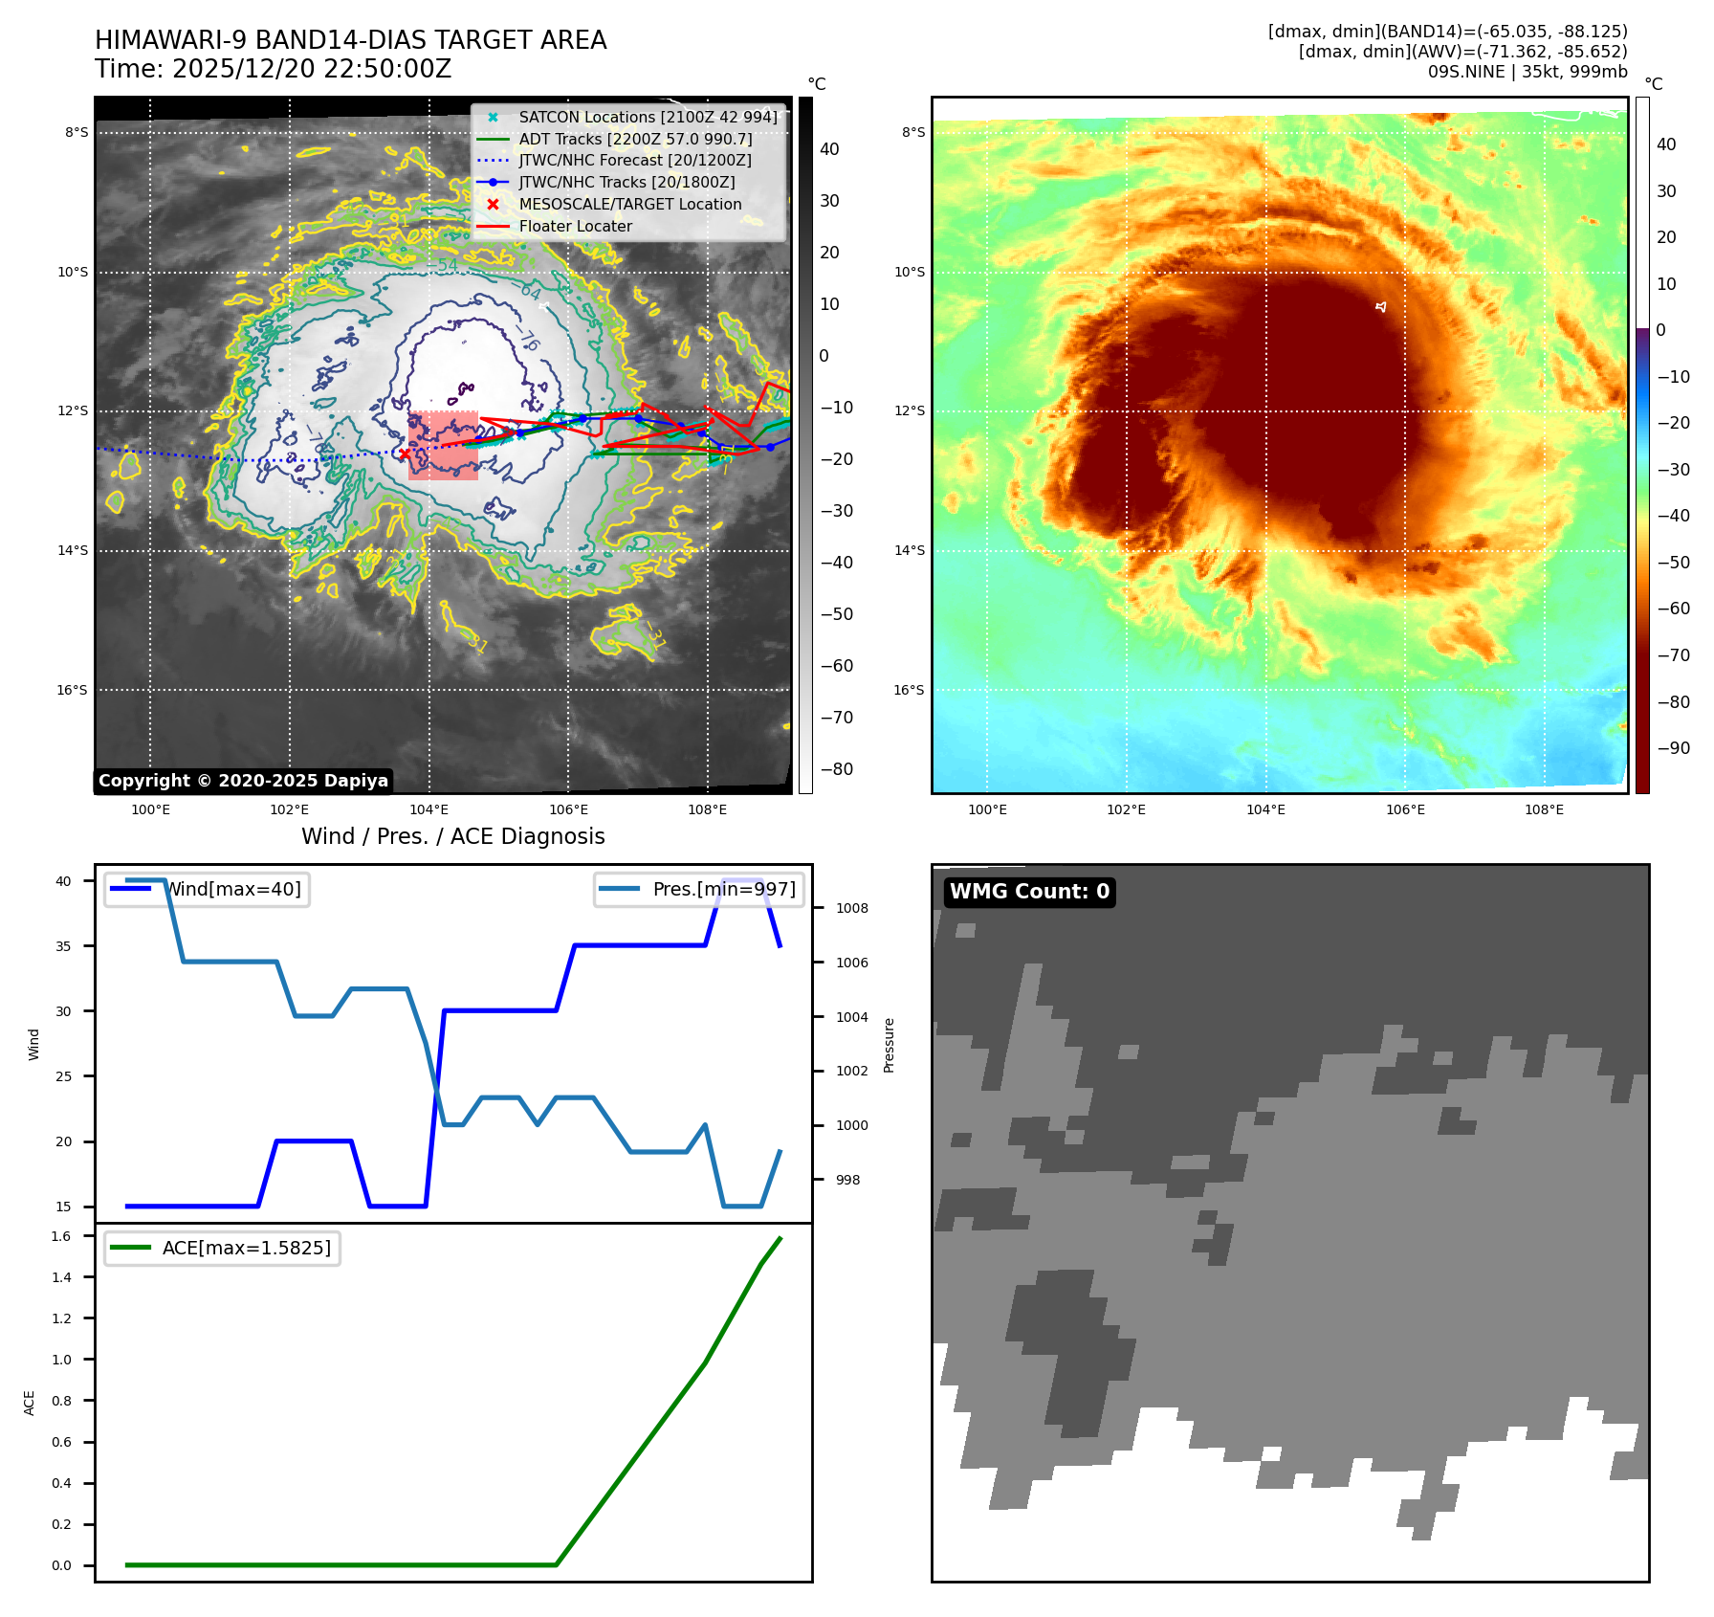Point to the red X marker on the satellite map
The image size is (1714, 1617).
point(405,454)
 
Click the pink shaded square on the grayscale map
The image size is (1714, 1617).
point(443,445)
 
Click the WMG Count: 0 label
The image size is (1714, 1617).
point(1029,892)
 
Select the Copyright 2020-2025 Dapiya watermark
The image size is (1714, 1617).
point(243,781)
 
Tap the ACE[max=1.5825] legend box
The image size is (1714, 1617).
point(222,1248)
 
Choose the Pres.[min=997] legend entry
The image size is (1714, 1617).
point(699,889)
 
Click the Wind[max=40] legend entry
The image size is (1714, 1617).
point(207,889)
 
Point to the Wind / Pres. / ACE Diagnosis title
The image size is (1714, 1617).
point(452,836)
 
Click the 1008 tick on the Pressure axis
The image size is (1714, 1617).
point(851,908)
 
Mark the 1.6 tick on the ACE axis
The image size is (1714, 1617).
point(61,1236)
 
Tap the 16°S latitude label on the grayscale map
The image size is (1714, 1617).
point(72,690)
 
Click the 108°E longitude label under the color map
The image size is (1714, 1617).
point(1544,809)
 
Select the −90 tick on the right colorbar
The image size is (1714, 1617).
point(1673,748)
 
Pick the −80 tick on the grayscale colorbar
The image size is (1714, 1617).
point(836,769)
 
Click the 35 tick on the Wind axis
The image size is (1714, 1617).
point(63,945)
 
